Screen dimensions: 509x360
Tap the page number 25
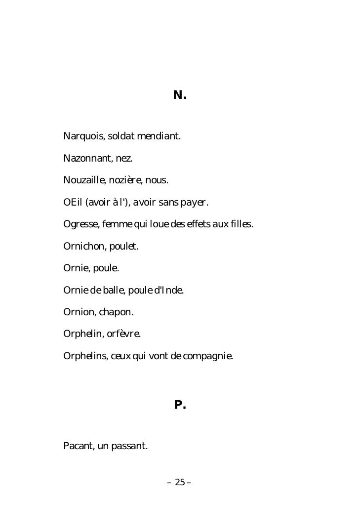[x=180, y=482]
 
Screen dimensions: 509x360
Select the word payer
[x=194, y=203]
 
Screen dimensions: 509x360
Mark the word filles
[x=241, y=225]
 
